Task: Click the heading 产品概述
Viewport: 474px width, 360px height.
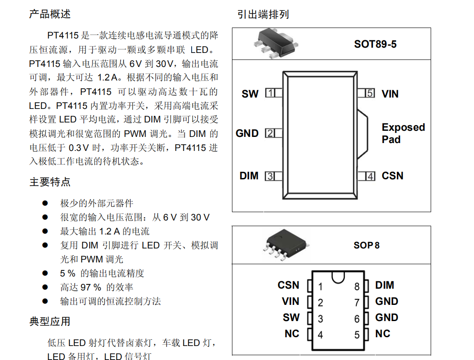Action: [50, 14]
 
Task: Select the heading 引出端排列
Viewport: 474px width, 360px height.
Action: [263, 14]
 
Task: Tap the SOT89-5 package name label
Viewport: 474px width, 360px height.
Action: [375, 44]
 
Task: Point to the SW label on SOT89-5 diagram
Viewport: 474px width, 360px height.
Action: [250, 94]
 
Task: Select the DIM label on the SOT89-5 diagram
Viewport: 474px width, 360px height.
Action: [249, 176]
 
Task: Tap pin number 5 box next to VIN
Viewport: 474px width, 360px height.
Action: [370, 93]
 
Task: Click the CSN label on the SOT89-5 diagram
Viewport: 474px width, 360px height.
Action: [392, 176]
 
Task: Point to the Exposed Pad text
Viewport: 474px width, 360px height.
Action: [403, 133]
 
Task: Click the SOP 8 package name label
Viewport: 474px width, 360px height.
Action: [366, 245]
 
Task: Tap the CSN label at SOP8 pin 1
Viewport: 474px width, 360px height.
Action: [288, 285]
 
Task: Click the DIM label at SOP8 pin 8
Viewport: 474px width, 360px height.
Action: [384, 285]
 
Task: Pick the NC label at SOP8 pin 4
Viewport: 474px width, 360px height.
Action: [291, 334]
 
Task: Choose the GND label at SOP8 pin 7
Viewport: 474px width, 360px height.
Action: [386, 301]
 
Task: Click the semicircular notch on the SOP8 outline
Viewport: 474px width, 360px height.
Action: [338, 277]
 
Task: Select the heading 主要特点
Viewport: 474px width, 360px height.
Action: [50, 182]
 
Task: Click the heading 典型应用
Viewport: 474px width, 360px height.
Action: [50, 322]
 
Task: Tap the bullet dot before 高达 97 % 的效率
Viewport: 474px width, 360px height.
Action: [45, 287]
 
